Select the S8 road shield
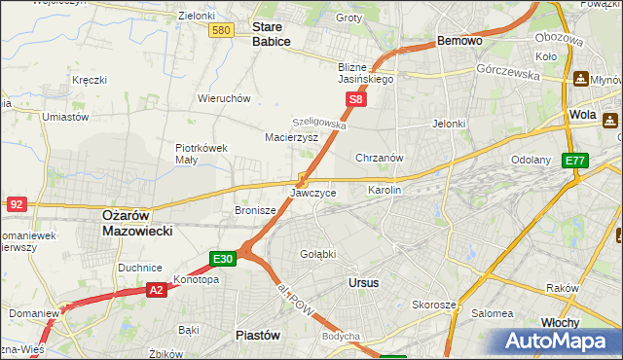[x=357, y=99]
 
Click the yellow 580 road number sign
[x=221, y=31]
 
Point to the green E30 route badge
[x=222, y=258]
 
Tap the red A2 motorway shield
[x=157, y=289]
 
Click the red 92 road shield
[x=17, y=204]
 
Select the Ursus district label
[x=363, y=283]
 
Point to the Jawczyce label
[x=313, y=194]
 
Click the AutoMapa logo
[x=555, y=340]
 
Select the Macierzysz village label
[x=292, y=138]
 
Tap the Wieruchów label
[x=225, y=98]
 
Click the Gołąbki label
[x=317, y=254]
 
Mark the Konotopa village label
[x=196, y=279]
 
